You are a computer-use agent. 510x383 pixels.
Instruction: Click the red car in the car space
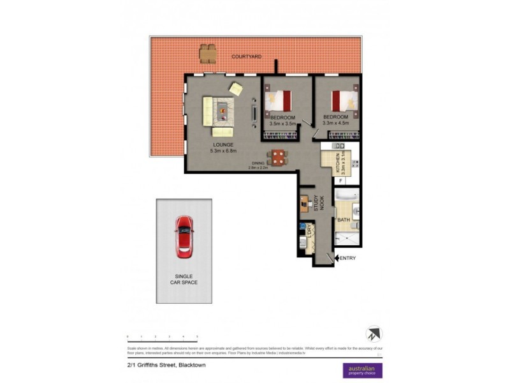click(x=184, y=236)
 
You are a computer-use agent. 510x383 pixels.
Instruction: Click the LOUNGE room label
click(x=224, y=146)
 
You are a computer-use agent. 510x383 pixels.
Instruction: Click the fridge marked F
click(x=340, y=181)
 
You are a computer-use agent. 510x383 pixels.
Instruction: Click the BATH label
click(x=344, y=220)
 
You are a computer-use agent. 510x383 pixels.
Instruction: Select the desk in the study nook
click(x=304, y=204)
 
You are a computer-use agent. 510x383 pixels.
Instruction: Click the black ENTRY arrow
click(x=337, y=258)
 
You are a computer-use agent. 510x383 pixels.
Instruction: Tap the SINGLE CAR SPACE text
click(x=184, y=278)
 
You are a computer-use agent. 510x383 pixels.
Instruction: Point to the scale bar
click(x=162, y=335)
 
